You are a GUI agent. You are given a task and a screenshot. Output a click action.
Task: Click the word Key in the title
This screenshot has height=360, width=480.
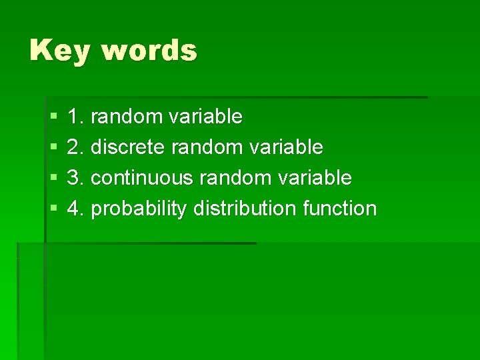(x=59, y=51)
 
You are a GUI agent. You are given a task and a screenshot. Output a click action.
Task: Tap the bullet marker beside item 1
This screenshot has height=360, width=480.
(x=53, y=117)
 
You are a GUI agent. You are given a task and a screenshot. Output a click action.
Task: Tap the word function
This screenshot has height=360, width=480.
(x=339, y=209)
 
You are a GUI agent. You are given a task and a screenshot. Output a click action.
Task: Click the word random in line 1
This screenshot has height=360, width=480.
(x=127, y=117)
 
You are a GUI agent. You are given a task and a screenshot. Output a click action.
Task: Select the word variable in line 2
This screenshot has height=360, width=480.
(x=287, y=147)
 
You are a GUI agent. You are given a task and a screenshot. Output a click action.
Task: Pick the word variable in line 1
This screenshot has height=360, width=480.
(x=206, y=117)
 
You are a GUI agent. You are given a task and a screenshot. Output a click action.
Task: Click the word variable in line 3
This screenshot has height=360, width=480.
(x=315, y=178)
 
